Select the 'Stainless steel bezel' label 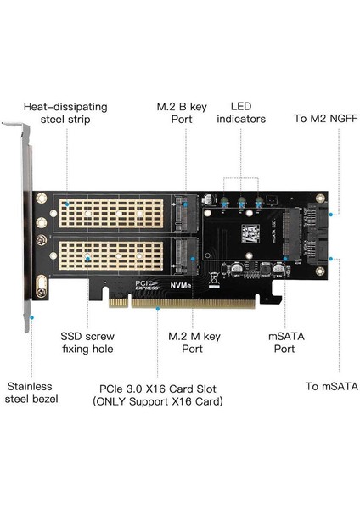point(30,393)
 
